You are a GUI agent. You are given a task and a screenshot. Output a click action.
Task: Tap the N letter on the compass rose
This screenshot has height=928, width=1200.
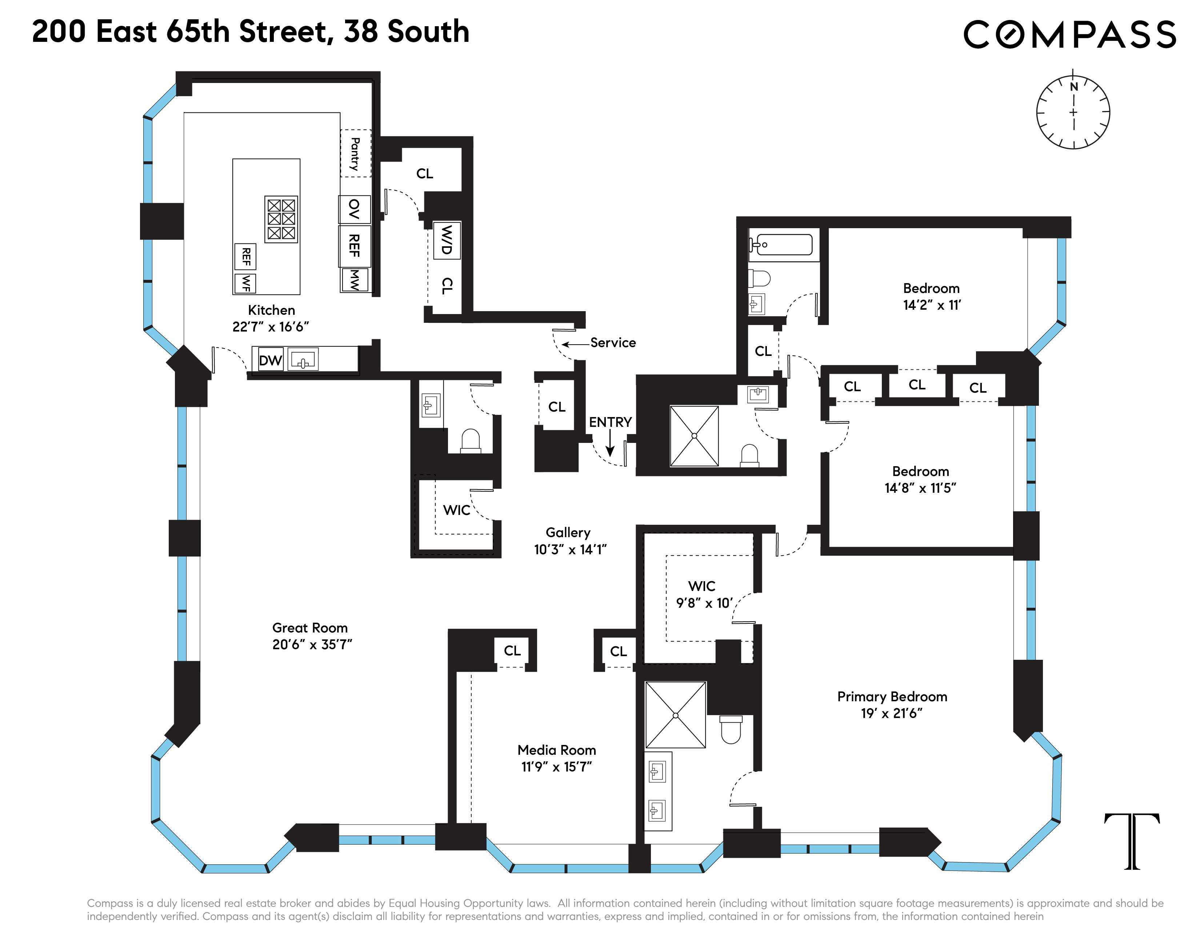point(1073,87)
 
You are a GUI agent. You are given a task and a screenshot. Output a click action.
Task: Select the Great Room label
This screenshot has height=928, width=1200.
point(310,628)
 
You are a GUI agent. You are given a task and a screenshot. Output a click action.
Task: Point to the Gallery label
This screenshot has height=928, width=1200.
point(568,532)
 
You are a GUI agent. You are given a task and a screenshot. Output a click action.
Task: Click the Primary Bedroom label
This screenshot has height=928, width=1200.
point(892,697)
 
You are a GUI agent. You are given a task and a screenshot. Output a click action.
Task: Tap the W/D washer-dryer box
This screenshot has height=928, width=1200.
point(447,240)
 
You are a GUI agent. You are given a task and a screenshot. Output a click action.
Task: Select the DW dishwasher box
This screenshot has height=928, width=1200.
point(270,360)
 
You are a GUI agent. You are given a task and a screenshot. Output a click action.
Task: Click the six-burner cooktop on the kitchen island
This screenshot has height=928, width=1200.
point(281,219)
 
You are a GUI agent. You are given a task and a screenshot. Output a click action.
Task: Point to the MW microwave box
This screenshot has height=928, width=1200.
point(355,280)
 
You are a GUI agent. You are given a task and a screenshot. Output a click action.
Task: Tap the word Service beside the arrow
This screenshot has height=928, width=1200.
point(613,342)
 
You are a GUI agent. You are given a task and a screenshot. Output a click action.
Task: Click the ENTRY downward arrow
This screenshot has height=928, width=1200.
point(610,444)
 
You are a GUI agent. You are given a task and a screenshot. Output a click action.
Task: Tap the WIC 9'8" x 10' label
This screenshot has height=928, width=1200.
point(703,594)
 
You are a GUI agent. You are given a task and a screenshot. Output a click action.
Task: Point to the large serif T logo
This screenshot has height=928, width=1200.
point(1132,841)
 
